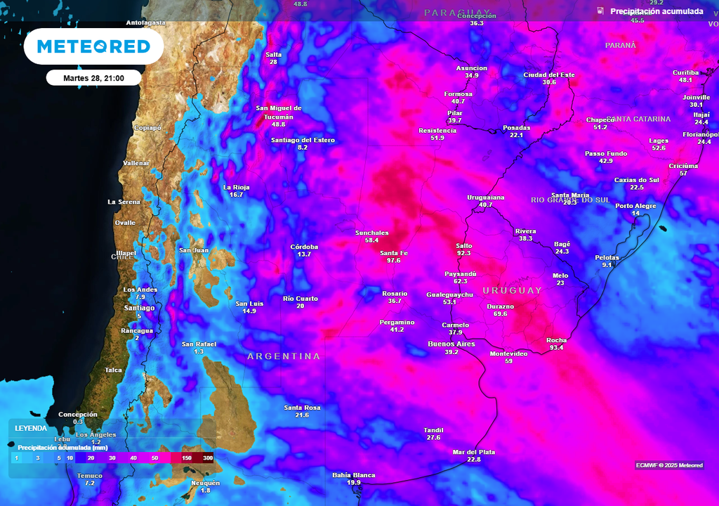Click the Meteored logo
pyautogui.click(x=93, y=47)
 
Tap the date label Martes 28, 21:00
pyautogui.click(x=93, y=78)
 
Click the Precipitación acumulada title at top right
pyautogui.click(x=656, y=11)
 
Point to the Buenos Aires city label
pyautogui.click(x=451, y=344)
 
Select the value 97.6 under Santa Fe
pyautogui.click(x=393, y=261)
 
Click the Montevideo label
pyautogui.click(x=508, y=353)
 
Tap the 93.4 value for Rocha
pyautogui.click(x=556, y=348)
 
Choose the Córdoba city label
pyautogui.click(x=304, y=247)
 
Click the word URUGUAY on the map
pyautogui.click(x=513, y=290)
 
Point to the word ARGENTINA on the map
pyautogui.click(x=284, y=356)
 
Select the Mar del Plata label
pyautogui.click(x=474, y=452)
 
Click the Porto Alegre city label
pyautogui.click(x=635, y=206)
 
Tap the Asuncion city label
pyautogui.click(x=472, y=68)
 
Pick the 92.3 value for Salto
pyautogui.click(x=463, y=253)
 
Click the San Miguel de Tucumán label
pyautogui.click(x=279, y=112)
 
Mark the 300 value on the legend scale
pyautogui.click(x=208, y=458)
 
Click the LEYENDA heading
pyautogui.click(x=31, y=428)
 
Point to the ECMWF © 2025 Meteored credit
pyautogui.click(x=669, y=465)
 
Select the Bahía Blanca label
pyautogui.click(x=354, y=475)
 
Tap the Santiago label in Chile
pyautogui.click(x=139, y=308)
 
